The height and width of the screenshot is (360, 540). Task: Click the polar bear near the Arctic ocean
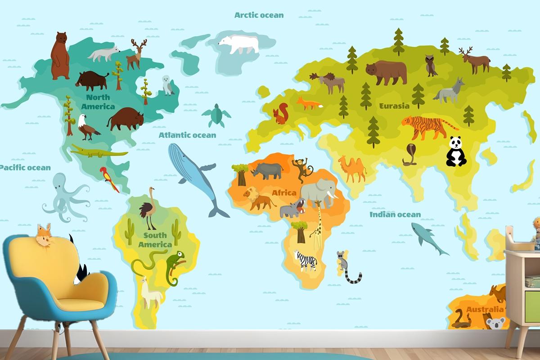point(239,44)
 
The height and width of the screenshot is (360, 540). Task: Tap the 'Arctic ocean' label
point(259,15)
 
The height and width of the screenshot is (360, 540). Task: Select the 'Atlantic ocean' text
point(187,135)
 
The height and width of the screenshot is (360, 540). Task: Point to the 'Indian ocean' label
point(395,214)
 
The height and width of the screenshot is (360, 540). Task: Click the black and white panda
point(456,152)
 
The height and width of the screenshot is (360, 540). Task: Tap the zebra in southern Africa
point(306,260)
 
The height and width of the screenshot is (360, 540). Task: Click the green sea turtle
point(216,116)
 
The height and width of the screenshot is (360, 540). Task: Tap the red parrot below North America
point(108,178)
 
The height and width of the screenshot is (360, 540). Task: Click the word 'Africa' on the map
point(284,193)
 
